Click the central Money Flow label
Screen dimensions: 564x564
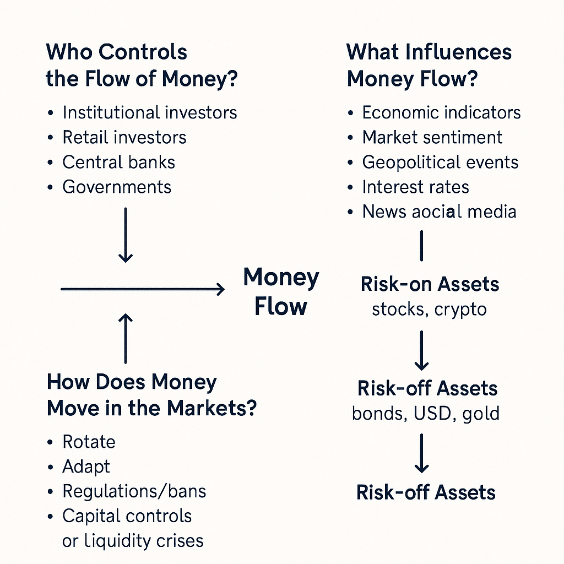pos(281,292)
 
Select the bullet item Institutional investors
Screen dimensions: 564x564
pos(150,112)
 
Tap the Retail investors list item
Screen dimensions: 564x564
pos(124,137)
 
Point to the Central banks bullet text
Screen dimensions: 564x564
pos(119,162)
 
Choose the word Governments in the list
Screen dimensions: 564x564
pos(117,187)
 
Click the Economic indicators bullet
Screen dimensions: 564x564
pos(441,112)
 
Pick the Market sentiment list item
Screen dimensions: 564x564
pos(432,137)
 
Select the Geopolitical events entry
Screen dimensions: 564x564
pos(440,162)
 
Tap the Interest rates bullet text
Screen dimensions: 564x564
pos(415,187)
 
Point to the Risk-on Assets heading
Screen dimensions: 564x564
pos(430,284)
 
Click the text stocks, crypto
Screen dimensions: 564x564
pos(429,310)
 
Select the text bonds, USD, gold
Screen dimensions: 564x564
pos(426,413)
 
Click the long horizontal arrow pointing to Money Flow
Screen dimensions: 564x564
pos(143,289)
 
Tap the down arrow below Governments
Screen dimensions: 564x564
pos(126,235)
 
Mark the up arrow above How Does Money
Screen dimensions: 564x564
pos(126,339)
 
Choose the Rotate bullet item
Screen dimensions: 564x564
pos(89,442)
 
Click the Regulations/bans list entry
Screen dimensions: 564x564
pos(134,491)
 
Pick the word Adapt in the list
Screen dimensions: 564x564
pos(86,467)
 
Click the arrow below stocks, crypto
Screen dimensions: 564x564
pos(421,351)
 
